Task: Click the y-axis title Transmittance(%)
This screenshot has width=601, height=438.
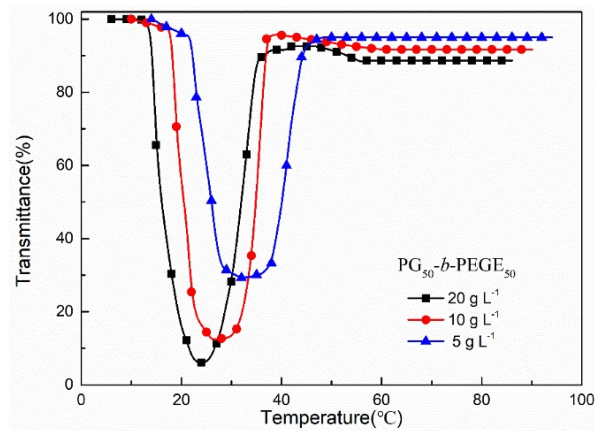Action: [x=24, y=210]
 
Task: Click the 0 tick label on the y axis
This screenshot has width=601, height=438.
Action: [x=69, y=384]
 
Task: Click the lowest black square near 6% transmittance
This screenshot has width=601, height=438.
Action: [x=202, y=363]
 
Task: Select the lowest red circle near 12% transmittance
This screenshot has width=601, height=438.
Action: [x=221, y=338]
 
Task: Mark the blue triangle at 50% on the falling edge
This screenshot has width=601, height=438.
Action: [x=212, y=200]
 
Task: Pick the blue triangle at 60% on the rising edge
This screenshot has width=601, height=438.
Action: [x=287, y=165]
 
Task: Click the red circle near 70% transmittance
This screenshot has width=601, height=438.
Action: [x=176, y=127]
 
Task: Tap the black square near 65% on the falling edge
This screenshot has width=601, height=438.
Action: [x=156, y=145]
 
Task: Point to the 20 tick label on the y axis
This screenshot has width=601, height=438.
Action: [x=64, y=311]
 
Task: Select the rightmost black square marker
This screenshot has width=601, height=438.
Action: [x=502, y=61]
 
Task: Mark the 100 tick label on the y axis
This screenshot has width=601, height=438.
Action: [x=61, y=19]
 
